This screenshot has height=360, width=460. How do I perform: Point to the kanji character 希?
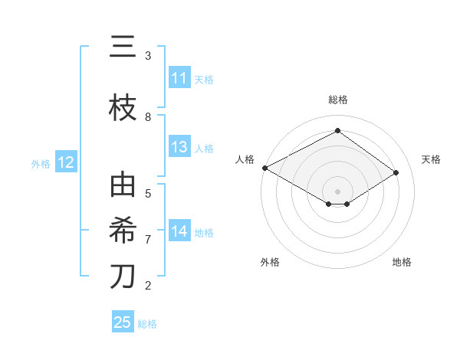pos(123,231)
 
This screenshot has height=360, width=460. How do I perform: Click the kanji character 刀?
pos(123,277)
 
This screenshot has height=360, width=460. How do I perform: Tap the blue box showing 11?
pos(179,78)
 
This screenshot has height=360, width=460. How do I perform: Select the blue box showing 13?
pos(179,148)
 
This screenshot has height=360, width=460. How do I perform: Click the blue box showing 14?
pos(179,231)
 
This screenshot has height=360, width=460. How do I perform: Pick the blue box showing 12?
pos(65,162)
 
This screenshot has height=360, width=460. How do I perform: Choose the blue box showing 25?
pos(123,322)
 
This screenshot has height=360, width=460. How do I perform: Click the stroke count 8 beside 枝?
pos(148,117)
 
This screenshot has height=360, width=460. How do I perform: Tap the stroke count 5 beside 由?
pos(148,194)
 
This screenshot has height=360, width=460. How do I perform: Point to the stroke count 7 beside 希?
pos(148,240)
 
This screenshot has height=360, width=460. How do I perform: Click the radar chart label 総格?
pos(338,100)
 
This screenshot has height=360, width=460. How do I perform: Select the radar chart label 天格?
pos(432,159)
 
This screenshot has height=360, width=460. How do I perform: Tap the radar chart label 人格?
pos(245,159)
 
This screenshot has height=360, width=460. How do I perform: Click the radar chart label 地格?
pos(402,262)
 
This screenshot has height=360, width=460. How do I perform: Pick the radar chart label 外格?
pos(270,262)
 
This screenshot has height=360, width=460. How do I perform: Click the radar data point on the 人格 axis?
pos(264,168)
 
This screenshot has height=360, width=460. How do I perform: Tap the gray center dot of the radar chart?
pos(338,191)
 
